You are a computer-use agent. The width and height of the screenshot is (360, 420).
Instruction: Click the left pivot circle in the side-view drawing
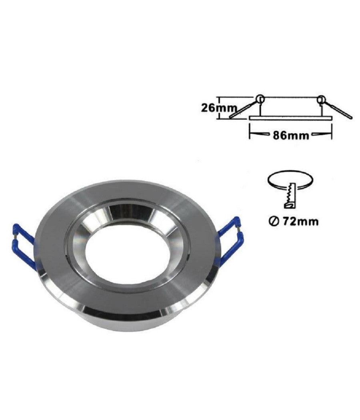point(259,98)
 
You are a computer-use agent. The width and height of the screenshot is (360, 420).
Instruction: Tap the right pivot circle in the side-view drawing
point(320,98)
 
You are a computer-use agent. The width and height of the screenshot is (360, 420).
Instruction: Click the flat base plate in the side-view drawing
point(291,118)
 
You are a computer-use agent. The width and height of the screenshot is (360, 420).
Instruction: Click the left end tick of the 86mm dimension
point(250,132)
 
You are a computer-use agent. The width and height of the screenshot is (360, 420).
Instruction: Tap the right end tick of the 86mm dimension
point(332,132)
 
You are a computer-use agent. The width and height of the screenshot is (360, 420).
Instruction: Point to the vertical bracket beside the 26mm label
point(219,108)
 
